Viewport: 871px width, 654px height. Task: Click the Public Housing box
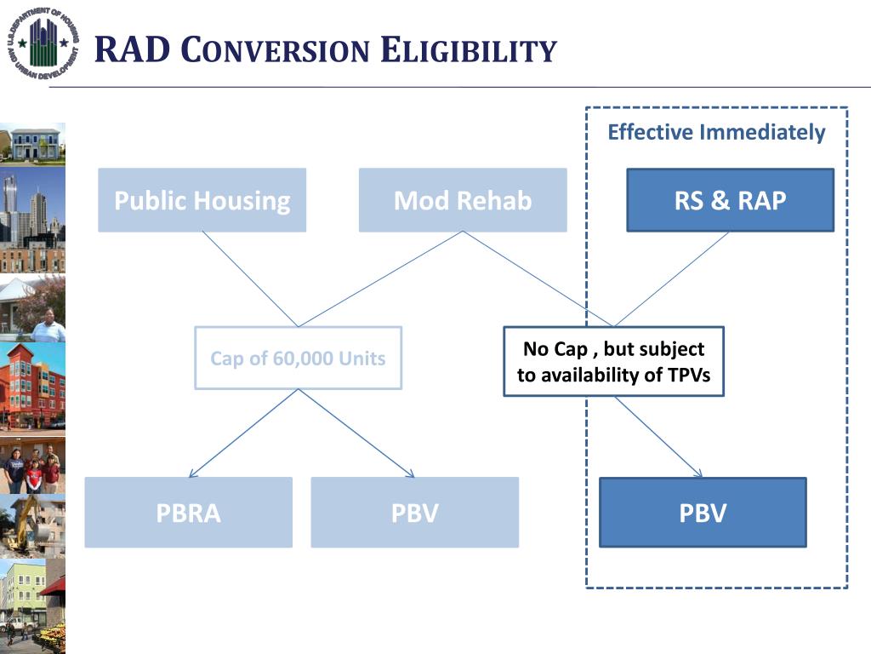(x=202, y=200)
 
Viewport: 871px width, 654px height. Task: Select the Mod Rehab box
(x=462, y=200)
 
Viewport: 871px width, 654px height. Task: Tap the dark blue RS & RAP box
(x=730, y=200)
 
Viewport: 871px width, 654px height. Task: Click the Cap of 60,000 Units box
(x=298, y=359)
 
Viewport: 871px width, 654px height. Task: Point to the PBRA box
(x=188, y=513)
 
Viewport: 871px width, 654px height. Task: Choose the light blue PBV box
(x=414, y=513)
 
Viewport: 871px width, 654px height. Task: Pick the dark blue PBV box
(x=703, y=513)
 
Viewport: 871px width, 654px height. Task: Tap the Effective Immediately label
(x=716, y=133)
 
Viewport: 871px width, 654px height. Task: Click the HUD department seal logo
(x=43, y=43)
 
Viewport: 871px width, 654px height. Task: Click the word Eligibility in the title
(x=468, y=50)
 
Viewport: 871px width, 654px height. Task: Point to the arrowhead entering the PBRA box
(x=192, y=474)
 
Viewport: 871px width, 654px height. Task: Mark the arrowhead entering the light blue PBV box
(x=411, y=473)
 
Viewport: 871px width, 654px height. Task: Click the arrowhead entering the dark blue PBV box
(x=699, y=473)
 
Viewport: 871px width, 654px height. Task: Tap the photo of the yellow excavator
(x=32, y=525)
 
